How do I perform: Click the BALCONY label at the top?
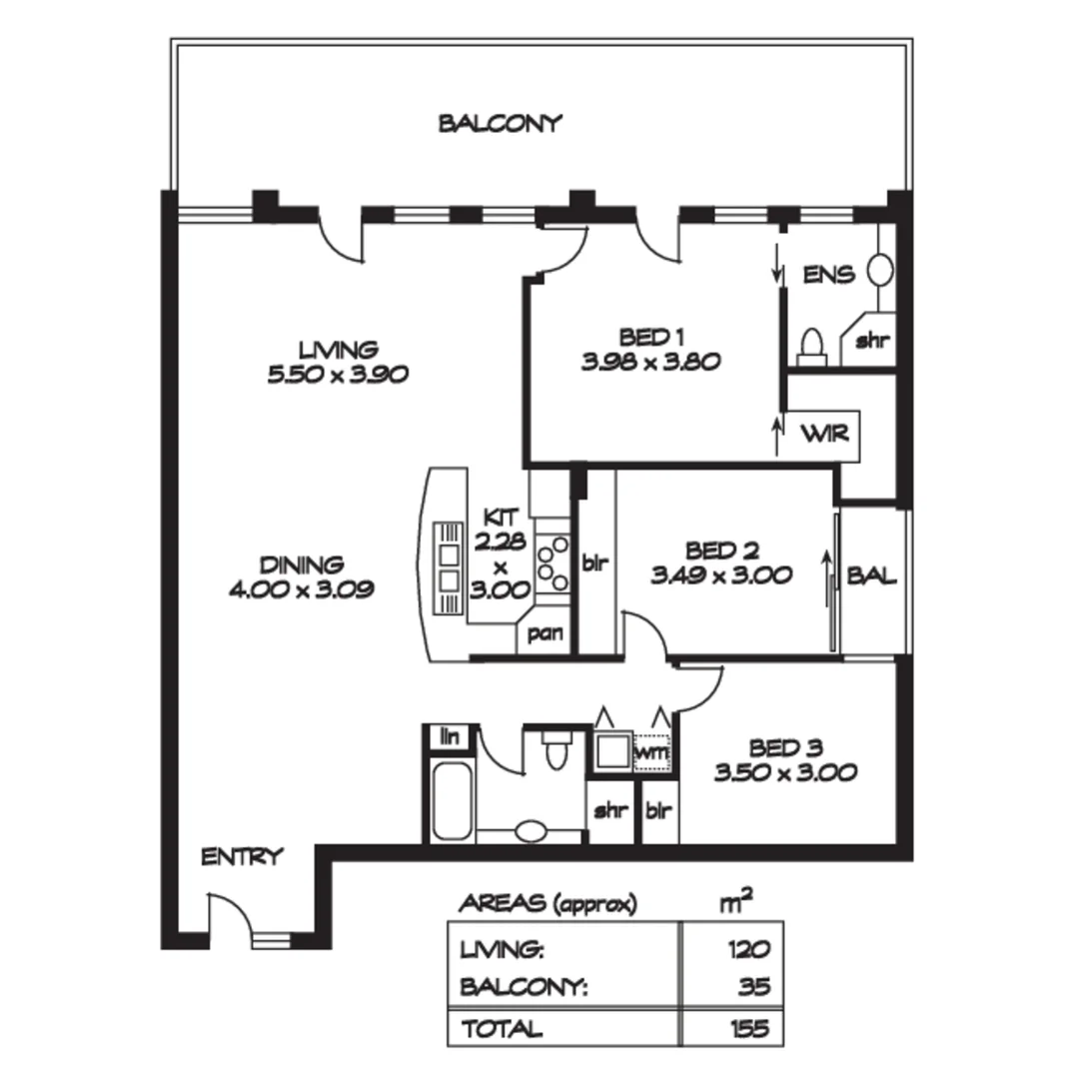(x=501, y=124)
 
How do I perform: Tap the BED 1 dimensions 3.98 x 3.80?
(x=650, y=362)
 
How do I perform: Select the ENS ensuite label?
(x=828, y=274)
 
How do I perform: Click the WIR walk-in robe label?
(x=824, y=435)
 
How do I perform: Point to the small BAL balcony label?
(x=871, y=576)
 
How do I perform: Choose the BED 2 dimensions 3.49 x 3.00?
(x=721, y=575)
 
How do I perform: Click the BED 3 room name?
(x=786, y=748)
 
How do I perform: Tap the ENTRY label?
(x=243, y=856)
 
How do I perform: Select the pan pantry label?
(x=545, y=633)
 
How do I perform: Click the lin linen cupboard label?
(x=450, y=737)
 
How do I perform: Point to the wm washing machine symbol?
(x=651, y=750)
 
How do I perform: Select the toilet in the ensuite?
(x=812, y=345)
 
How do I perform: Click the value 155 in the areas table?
(x=751, y=1028)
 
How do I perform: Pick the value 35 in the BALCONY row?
(x=756, y=987)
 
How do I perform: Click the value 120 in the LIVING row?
(x=751, y=949)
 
